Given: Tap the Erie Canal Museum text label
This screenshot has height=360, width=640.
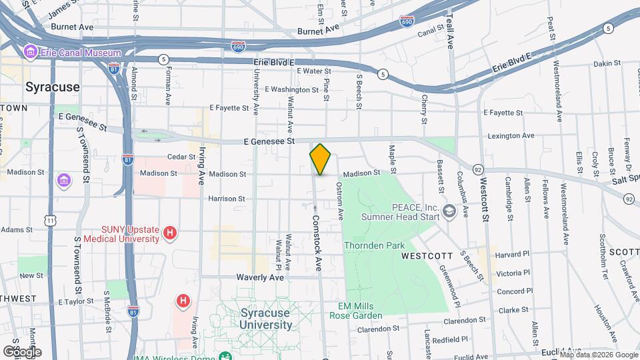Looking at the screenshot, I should point(81,52).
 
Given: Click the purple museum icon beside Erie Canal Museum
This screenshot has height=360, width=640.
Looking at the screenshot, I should point(29,51).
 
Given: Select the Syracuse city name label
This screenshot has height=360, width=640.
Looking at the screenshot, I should point(52,87).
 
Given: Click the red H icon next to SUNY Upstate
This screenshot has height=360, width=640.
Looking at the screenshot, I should point(171,233).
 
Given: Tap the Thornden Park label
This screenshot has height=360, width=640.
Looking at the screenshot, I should point(374,245).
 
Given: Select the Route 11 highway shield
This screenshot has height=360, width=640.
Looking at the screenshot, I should point(51,220).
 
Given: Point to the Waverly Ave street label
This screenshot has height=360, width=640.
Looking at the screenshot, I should point(259,277).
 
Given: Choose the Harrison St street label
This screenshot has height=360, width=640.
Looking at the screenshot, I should point(227,199).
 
